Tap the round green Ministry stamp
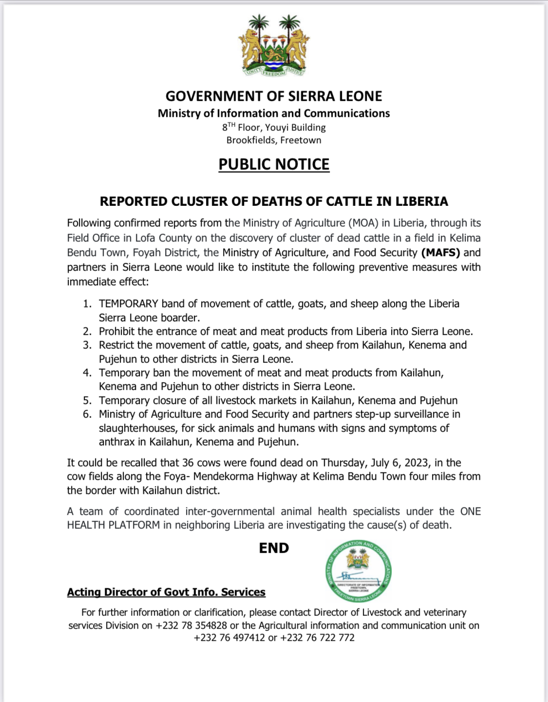click(358, 571)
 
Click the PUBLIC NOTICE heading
click(274, 164)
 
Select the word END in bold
click(274, 548)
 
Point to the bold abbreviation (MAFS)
click(441, 252)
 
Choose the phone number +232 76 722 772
click(318, 638)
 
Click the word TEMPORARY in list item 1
click(129, 304)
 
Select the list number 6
click(87, 414)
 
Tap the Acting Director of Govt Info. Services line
click(166, 592)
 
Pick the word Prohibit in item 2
click(116, 332)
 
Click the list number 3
click(87, 345)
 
